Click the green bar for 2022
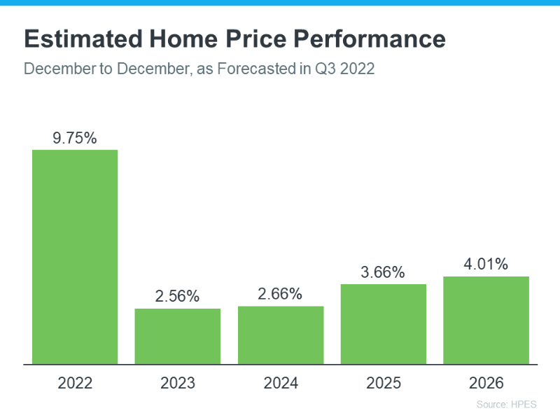coord(75,257)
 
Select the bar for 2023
coord(178,336)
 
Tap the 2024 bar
coord(281,335)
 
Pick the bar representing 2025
coord(384,324)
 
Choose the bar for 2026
coord(486,320)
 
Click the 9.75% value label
coord(75,139)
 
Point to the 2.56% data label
coord(178,297)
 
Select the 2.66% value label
coord(281,294)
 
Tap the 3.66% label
coord(384,272)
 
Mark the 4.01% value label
coord(486,265)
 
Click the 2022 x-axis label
coord(75,384)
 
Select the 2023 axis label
coord(178,384)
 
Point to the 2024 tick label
coord(281,384)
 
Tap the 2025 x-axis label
coord(384,384)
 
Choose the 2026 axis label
coord(486,384)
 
